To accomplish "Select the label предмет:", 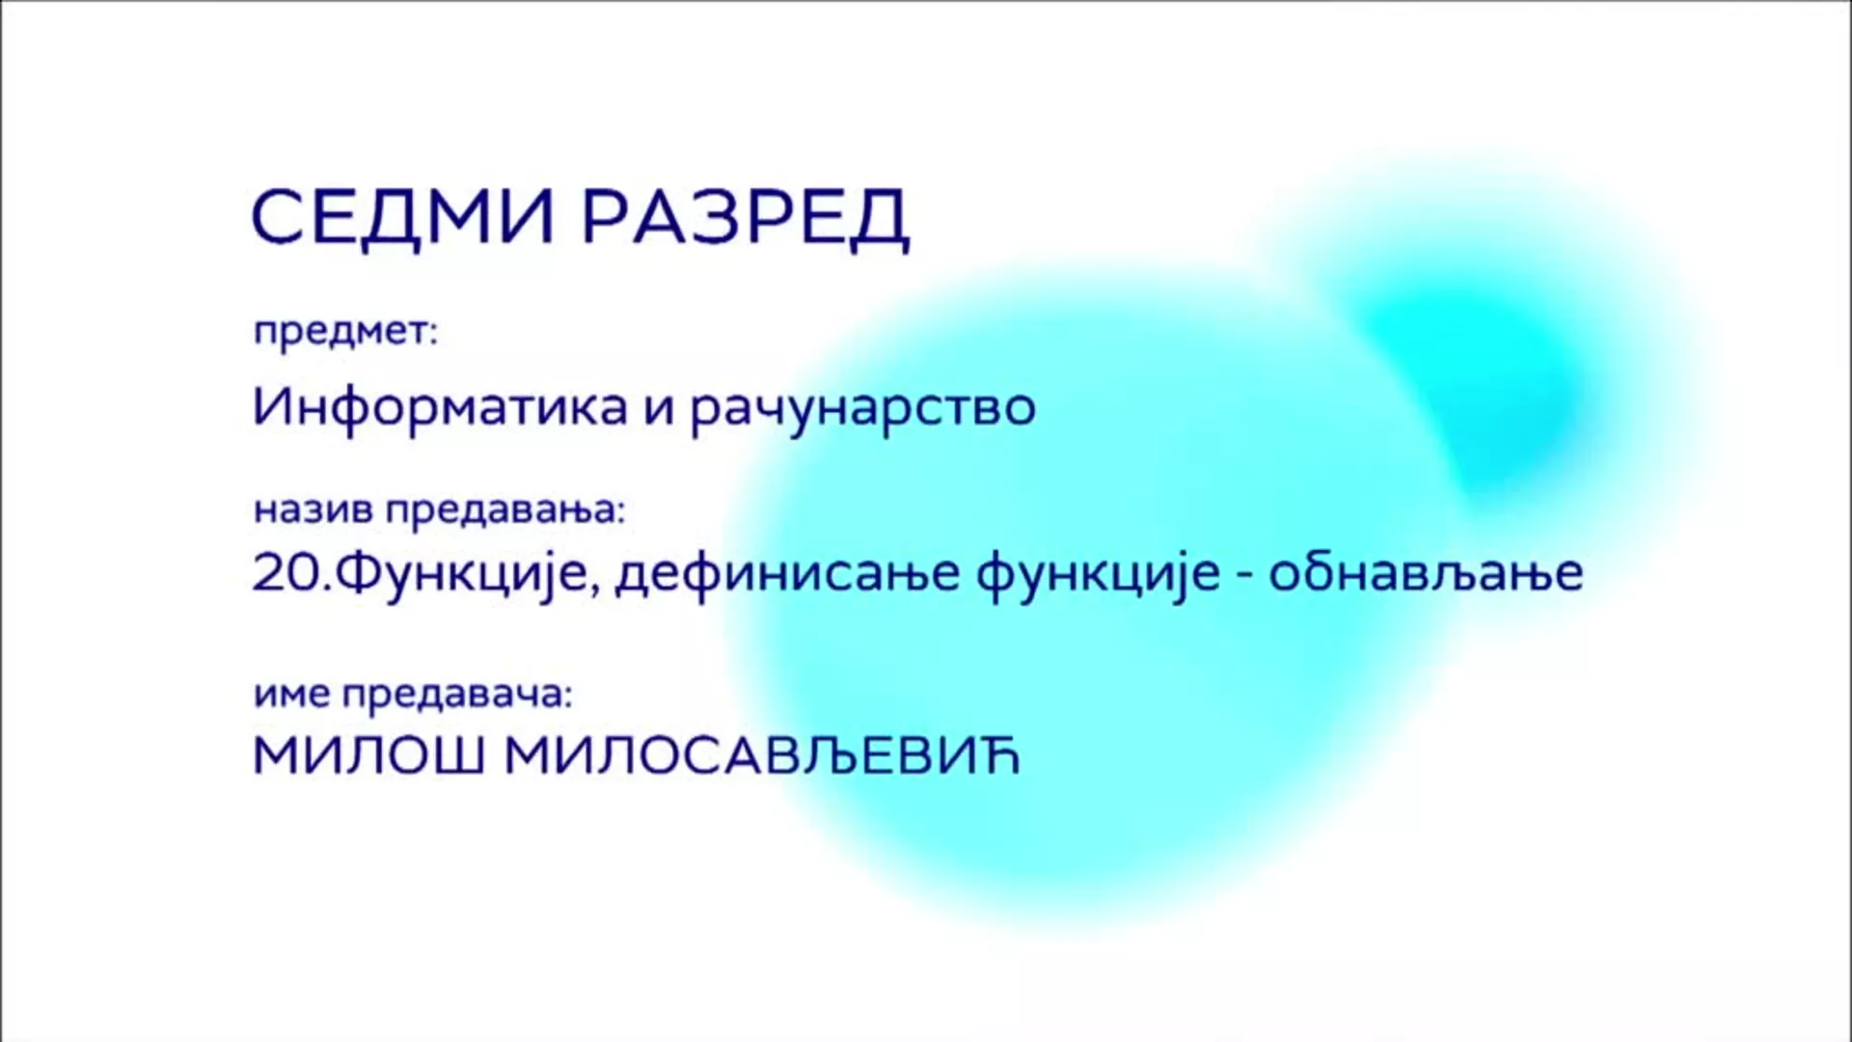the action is (x=345, y=333).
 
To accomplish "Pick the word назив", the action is (x=313, y=510).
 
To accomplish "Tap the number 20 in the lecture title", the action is (x=285, y=573).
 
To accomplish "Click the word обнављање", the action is (x=1426, y=573).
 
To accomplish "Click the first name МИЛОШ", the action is (x=368, y=756).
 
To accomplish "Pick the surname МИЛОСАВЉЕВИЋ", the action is (x=762, y=756).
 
